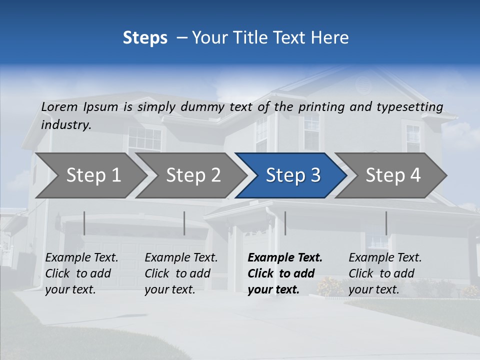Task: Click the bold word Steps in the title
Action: [x=145, y=38]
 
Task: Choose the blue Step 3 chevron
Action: [x=293, y=175]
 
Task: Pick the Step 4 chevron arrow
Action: [x=393, y=175]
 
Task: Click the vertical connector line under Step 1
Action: [x=84, y=223]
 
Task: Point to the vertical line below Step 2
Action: [x=184, y=223]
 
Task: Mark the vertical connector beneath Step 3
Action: [x=285, y=223]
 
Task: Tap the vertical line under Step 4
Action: [x=386, y=223]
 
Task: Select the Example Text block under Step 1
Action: [x=81, y=273]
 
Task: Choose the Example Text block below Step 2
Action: [x=181, y=273]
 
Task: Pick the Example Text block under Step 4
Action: [x=385, y=273]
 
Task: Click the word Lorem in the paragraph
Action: [x=59, y=107]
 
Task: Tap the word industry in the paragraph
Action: [x=65, y=125]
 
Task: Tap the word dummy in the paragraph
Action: [x=202, y=107]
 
